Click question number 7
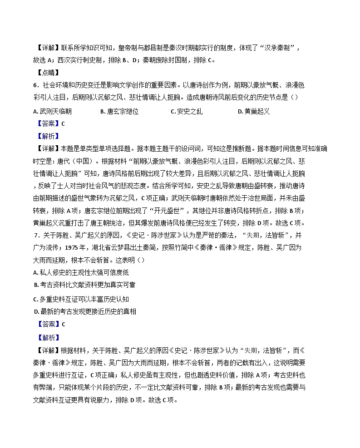click(x=36, y=235)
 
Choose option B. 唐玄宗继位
click(x=119, y=111)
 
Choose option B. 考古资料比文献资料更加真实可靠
click(x=85, y=285)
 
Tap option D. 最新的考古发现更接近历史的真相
click(x=85, y=311)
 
